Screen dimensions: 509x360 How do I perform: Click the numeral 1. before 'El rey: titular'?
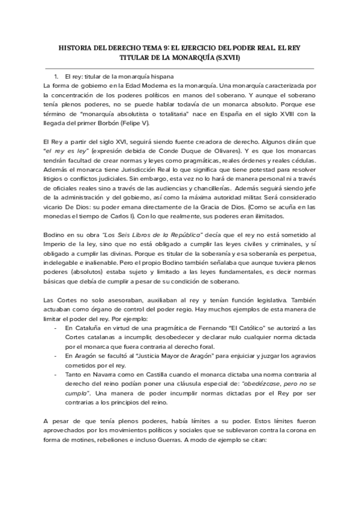56,76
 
